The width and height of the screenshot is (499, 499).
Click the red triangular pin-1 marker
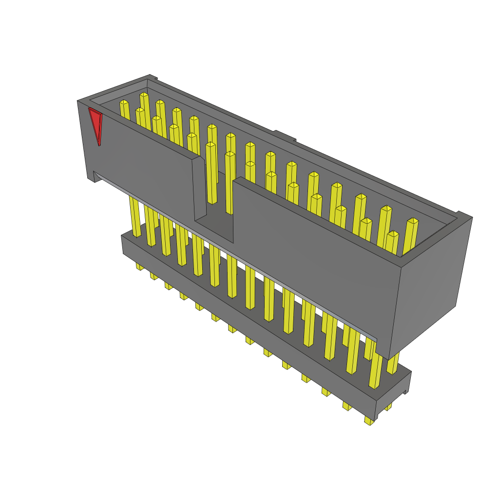point(96,124)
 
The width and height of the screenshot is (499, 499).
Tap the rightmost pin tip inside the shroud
point(412,222)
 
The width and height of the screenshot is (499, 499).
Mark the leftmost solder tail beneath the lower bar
point(140,267)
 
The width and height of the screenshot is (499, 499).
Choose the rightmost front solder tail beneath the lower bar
point(369,421)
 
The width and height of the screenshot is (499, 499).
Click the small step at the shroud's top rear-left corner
point(153,77)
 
